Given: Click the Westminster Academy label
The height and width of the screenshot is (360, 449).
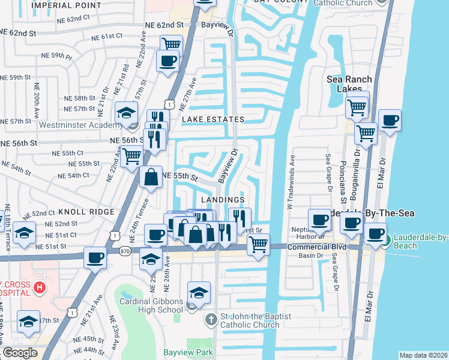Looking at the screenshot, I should point(80,125).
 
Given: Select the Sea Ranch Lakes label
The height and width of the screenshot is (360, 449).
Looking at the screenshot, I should point(349,84).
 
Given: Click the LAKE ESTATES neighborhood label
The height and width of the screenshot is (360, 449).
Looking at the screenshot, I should point(213,120).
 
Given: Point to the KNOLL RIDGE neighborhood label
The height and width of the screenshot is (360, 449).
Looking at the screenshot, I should point(86,212).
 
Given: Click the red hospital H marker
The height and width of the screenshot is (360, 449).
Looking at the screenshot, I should point(40,288).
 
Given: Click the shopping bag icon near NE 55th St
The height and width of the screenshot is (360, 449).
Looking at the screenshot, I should point(151,177).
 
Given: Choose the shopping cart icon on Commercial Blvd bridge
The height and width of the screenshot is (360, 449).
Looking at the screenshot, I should point(258,244).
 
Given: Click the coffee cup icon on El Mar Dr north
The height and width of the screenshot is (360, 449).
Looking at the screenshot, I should point(390,119).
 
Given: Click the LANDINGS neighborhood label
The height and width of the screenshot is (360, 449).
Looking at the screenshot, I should point(222,199).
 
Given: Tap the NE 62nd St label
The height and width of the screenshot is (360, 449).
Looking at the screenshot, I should point(164,25).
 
